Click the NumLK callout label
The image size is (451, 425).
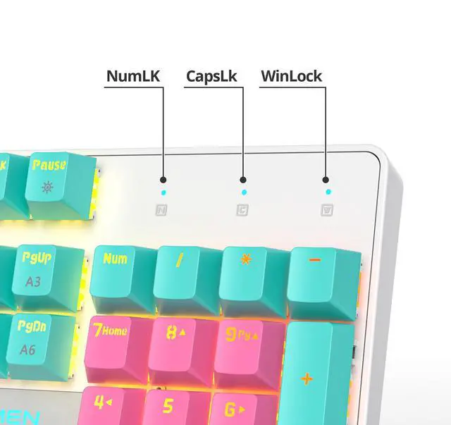(134, 75)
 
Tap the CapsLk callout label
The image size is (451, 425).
(211, 75)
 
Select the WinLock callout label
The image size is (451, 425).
(291, 75)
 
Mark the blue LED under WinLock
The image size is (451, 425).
(327, 192)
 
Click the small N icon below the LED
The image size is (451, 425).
(162, 209)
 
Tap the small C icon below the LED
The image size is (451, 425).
(242, 209)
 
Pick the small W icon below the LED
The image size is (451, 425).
(326, 209)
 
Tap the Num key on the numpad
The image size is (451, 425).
(117, 271)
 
